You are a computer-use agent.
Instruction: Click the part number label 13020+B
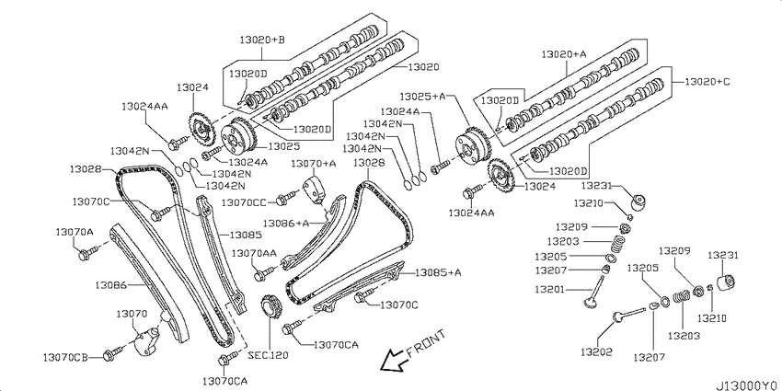pyautogui.click(x=262, y=39)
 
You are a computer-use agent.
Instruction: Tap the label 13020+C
pyautogui.click(x=707, y=81)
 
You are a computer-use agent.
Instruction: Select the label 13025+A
pyautogui.click(x=423, y=96)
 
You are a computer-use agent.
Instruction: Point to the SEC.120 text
pyautogui.click(x=269, y=356)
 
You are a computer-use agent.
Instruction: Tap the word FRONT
pyautogui.click(x=425, y=345)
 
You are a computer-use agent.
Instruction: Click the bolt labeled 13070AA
pyautogui.click(x=265, y=273)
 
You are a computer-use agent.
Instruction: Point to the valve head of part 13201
pyautogui.click(x=591, y=302)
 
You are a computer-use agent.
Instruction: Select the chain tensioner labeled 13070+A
pyautogui.click(x=316, y=190)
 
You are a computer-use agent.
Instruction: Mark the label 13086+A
pyautogui.click(x=286, y=223)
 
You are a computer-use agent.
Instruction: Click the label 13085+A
pyautogui.click(x=438, y=272)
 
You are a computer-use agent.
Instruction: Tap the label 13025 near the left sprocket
pyautogui.click(x=283, y=146)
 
